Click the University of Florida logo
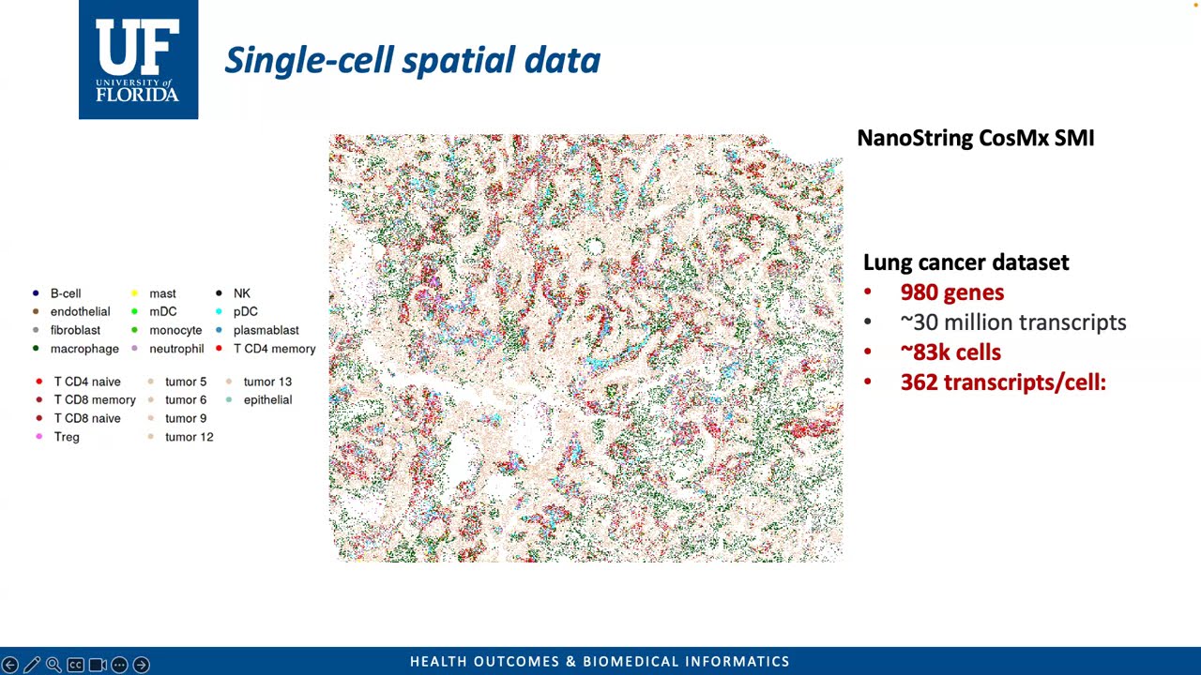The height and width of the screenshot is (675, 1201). (x=138, y=60)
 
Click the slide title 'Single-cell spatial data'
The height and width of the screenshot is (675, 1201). (x=412, y=60)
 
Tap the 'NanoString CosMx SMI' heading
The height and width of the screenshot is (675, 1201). (x=975, y=138)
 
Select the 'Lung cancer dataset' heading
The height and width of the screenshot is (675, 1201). (x=965, y=262)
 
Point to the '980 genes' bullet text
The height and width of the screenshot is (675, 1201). (x=951, y=292)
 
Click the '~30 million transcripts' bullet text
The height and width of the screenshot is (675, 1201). (x=1012, y=322)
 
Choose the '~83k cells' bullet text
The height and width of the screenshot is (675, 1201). (x=950, y=352)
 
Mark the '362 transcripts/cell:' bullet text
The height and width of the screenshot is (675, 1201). (x=1002, y=382)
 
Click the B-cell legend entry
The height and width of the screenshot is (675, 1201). (x=65, y=293)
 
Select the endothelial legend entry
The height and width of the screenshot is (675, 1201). (x=79, y=311)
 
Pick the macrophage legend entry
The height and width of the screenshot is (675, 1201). (x=84, y=349)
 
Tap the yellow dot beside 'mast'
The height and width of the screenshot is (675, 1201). (x=134, y=293)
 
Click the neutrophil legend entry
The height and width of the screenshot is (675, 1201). (x=175, y=349)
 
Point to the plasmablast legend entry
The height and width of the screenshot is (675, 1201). (x=265, y=330)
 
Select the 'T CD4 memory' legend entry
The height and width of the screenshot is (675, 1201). (x=273, y=349)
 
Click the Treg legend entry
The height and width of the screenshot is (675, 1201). (x=66, y=437)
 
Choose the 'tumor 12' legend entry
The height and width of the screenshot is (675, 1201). (x=188, y=437)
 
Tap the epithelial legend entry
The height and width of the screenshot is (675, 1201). (x=266, y=399)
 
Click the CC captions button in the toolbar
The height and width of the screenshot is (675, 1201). (x=75, y=665)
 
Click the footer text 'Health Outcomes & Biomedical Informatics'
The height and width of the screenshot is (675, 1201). (x=600, y=662)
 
